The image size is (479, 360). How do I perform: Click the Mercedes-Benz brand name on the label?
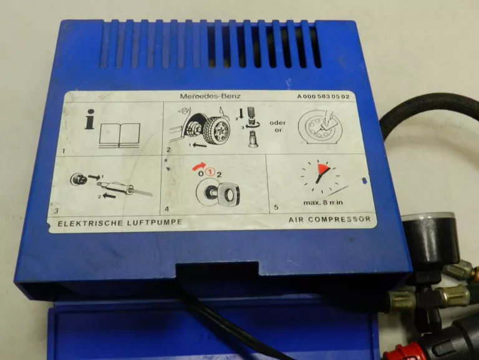(210, 96)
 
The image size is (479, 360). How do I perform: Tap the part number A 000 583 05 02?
(323, 97)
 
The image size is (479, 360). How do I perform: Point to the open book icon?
(120, 135)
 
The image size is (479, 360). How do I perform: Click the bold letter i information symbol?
(90, 119)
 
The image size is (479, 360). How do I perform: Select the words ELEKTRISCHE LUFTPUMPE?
(120, 223)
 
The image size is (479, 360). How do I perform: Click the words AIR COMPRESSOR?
(329, 219)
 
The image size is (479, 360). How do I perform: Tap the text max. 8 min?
(323, 202)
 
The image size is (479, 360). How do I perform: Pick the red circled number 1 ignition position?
(210, 173)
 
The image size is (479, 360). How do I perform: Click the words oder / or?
(278, 126)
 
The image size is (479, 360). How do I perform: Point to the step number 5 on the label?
(276, 207)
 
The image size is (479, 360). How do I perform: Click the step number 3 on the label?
(56, 211)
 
